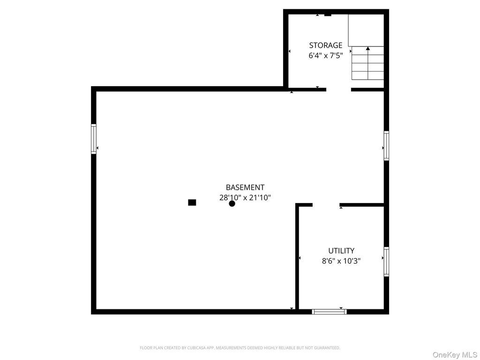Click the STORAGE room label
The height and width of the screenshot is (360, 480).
pyautogui.click(x=325, y=45)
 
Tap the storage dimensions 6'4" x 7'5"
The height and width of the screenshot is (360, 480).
pyautogui.click(x=325, y=55)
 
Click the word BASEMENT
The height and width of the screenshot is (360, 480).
pyautogui.click(x=245, y=187)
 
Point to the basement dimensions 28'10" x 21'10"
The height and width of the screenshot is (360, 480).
pyautogui.click(x=245, y=198)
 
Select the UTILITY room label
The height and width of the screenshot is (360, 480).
pyautogui.click(x=341, y=251)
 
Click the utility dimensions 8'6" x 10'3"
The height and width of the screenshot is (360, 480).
pyautogui.click(x=341, y=261)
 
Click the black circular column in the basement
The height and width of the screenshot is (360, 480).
pyautogui.click(x=232, y=203)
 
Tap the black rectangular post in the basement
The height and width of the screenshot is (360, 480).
pyautogui.click(x=192, y=202)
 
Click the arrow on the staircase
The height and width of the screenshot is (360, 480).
pyautogui.click(x=368, y=48)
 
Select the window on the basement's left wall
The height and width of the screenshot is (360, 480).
pyautogui.click(x=94, y=139)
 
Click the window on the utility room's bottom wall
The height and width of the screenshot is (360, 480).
pyautogui.click(x=329, y=311)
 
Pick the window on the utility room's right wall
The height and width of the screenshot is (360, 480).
pyautogui.click(x=386, y=262)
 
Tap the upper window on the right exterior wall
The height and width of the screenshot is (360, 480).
pyautogui.click(x=386, y=146)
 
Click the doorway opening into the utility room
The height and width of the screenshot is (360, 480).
pyautogui.click(x=326, y=205)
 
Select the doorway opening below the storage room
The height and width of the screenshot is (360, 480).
pyautogui.click(x=338, y=89)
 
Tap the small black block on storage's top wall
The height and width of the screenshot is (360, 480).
pyautogui.click(x=328, y=15)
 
